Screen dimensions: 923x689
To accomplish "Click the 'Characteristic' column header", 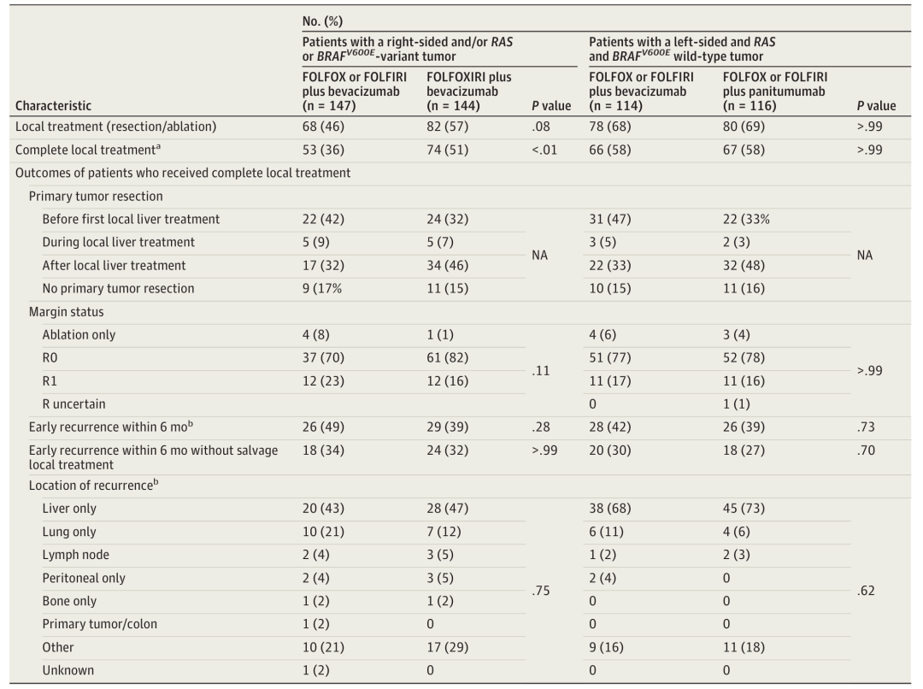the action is pyautogui.click(x=54, y=106).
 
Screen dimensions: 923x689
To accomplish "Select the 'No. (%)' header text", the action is pyautogui.click(x=322, y=21).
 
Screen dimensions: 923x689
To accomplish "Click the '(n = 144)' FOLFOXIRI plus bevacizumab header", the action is pyautogui.click(x=453, y=106).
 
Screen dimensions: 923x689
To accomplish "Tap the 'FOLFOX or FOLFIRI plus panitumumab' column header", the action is pyautogui.click(x=775, y=91).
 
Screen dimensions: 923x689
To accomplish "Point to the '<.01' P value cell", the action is pyautogui.click(x=544, y=150).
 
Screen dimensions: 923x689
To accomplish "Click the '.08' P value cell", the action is pyautogui.click(x=539, y=127).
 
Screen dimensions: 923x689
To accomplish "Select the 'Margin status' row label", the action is pyautogui.click(x=66, y=311).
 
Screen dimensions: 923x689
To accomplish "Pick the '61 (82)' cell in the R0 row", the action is pyautogui.click(x=447, y=358).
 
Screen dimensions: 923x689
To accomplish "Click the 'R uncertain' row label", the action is pyautogui.click(x=73, y=404).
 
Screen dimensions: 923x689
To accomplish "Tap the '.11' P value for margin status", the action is pyautogui.click(x=540, y=370).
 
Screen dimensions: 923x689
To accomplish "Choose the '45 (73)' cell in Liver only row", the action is pyautogui.click(x=744, y=509).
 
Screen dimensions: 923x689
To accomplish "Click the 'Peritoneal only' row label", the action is pyautogui.click(x=84, y=578).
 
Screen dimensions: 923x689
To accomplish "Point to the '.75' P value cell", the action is pyautogui.click(x=541, y=591).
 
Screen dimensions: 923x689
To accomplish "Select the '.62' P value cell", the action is pyautogui.click(x=866, y=591).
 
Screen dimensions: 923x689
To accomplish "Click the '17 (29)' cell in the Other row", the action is pyautogui.click(x=447, y=647).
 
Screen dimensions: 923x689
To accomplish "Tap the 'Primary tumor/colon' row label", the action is pyautogui.click(x=99, y=624).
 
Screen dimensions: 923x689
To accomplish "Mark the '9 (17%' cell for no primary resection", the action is pyautogui.click(x=322, y=289).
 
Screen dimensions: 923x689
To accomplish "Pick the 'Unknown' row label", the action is pyautogui.click(x=68, y=670).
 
